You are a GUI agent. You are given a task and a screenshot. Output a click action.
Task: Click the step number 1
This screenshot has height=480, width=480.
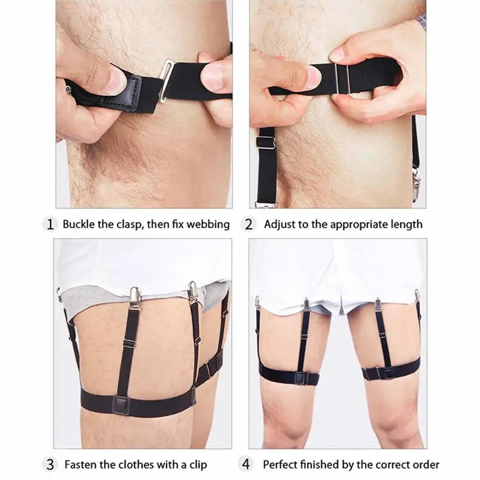pyautogui.click(x=50, y=225)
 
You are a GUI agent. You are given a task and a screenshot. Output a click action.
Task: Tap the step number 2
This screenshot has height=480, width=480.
pyautogui.click(x=248, y=225)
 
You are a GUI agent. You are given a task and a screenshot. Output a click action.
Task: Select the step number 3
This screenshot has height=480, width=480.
pyautogui.click(x=50, y=458)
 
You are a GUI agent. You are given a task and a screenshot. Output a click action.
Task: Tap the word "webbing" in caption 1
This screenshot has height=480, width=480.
pyautogui.click(x=208, y=225)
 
